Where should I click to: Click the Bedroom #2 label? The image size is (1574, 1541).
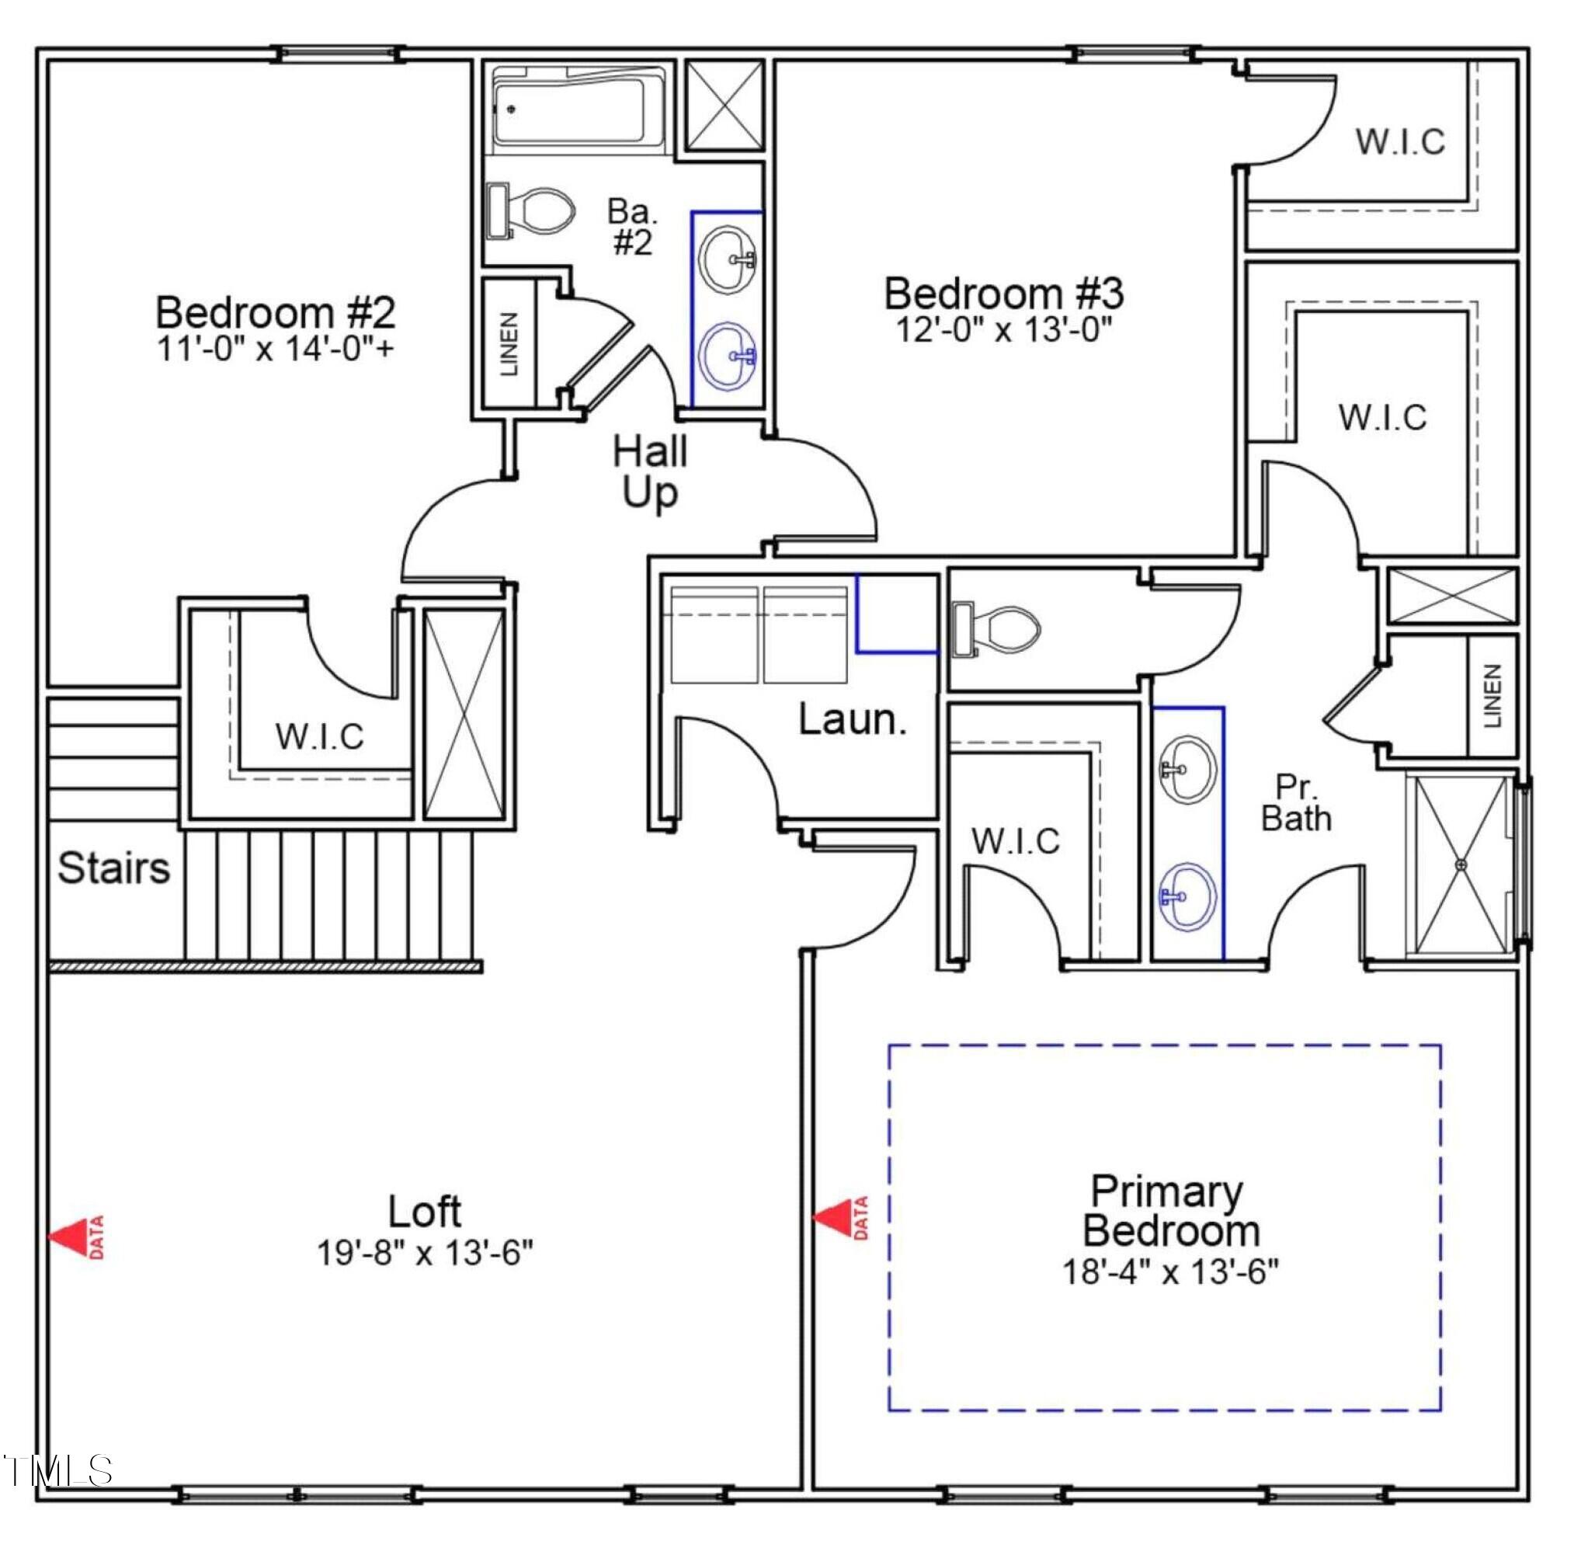click(x=275, y=312)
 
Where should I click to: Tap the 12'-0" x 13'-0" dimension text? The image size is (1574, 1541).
click(x=1004, y=329)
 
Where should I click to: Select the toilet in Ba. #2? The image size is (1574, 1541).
click(x=530, y=210)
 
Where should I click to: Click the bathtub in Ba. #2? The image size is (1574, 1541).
click(x=579, y=110)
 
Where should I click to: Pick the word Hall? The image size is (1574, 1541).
click(x=650, y=451)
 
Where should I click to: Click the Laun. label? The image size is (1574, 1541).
click(x=852, y=718)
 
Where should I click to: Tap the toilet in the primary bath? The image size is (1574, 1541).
click(x=996, y=628)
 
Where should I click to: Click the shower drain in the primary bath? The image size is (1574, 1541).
click(x=1461, y=865)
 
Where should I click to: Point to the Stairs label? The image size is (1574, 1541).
click(x=114, y=868)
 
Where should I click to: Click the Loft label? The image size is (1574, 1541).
click(x=424, y=1212)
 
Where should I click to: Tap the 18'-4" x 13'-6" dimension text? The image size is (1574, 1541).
click(x=1170, y=1271)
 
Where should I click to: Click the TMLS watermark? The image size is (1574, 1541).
click(x=58, y=1470)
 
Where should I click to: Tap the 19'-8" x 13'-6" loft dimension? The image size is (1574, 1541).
click(x=424, y=1253)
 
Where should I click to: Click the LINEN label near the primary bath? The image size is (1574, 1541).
click(x=1493, y=696)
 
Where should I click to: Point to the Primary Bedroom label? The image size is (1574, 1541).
click(x=1170, y=1211)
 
